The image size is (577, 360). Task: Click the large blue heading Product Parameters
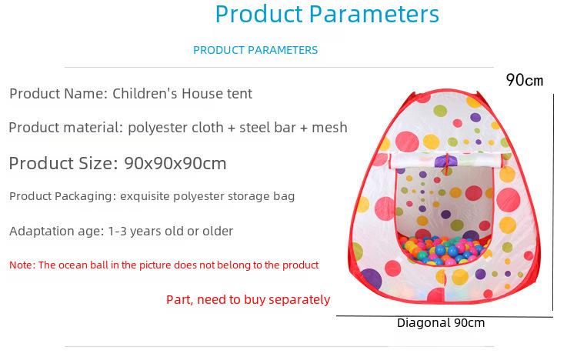click(x=327, y=15)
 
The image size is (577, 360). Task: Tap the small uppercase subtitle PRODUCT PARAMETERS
click(x=255, y=50)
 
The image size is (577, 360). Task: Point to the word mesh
click(x=329, y=128)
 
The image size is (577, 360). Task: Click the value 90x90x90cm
click(x=175, y=163)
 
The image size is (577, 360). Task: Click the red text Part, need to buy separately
click(x=248, y=300)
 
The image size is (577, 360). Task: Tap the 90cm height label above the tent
click(x=525, y=80)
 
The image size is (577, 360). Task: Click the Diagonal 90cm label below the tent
click(x=441, y=323)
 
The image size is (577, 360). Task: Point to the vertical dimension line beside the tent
click(x=553, y=202)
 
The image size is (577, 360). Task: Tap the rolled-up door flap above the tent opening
click(x=446, y=161)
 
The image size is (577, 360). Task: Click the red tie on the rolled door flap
click(x=447, y=163)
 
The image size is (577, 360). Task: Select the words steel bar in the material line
click(x=268, y=128)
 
